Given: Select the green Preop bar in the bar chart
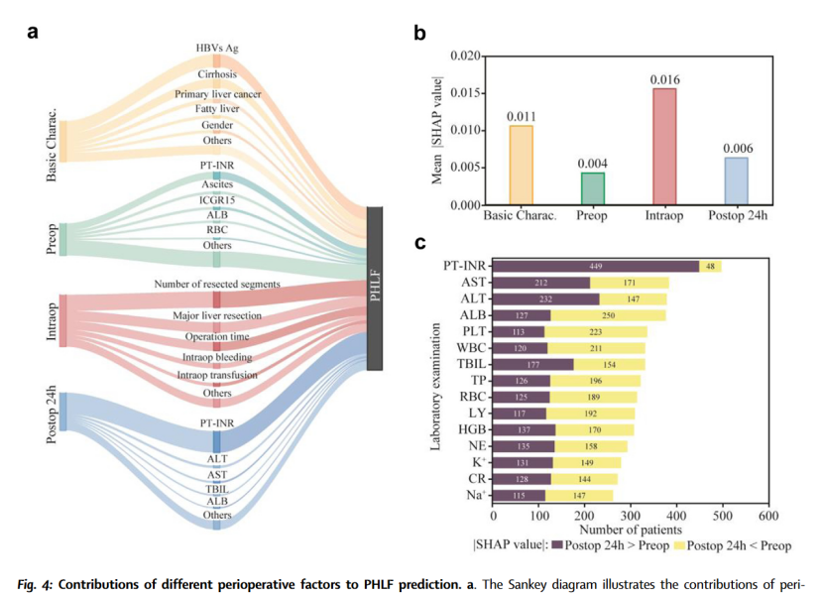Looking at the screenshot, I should [591, 188].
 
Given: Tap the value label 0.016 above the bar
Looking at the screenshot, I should [663, 78].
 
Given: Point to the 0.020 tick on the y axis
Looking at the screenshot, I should [466, 56].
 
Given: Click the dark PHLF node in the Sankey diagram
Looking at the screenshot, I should [374, 288].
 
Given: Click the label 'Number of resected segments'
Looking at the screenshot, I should [216, 285].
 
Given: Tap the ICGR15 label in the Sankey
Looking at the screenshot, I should [216, 199].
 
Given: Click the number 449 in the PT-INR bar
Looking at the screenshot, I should [597, 266].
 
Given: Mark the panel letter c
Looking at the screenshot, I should [419, 242].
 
